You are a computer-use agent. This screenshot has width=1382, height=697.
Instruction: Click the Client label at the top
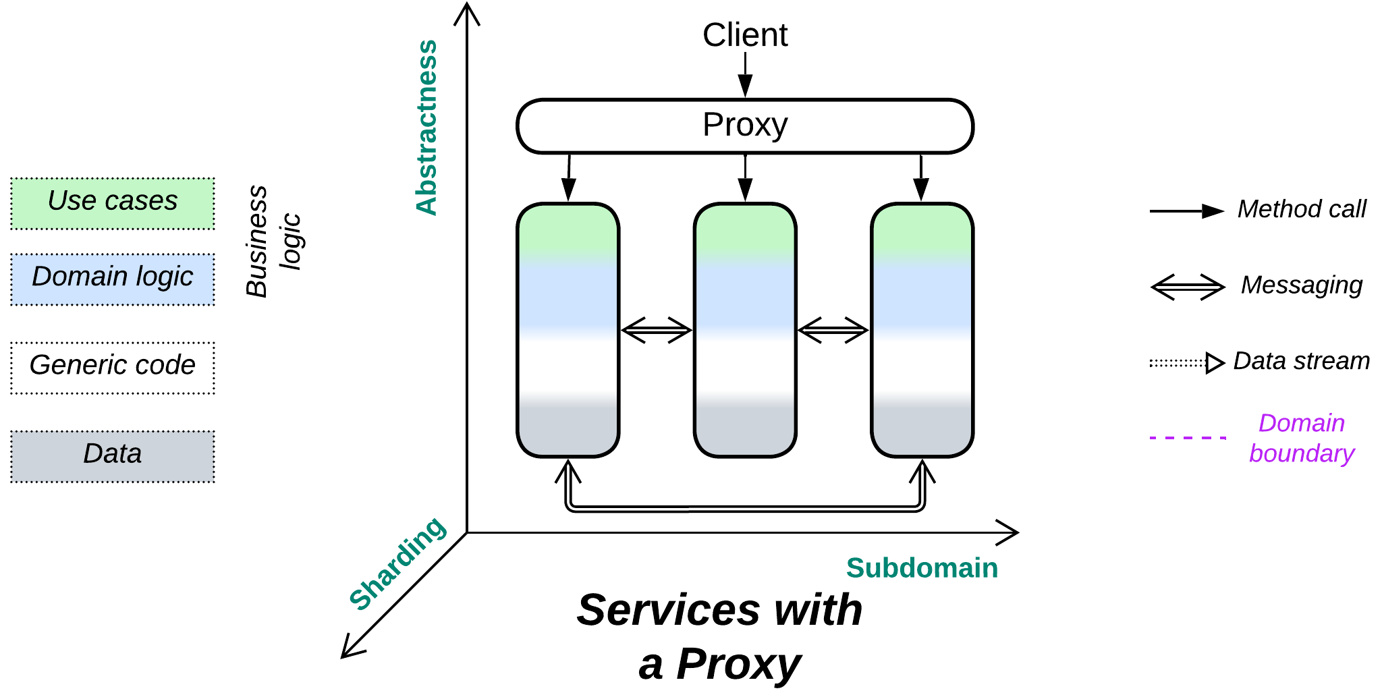pyautogui.click(x=744, y=35)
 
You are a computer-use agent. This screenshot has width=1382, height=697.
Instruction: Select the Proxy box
pyautogui.click(x=744, y=126)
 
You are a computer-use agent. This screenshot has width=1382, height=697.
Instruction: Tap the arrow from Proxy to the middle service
pyautogui.click(x=744, y=177)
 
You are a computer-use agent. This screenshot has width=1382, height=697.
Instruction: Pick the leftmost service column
pyautogui.click(x=568, y=330)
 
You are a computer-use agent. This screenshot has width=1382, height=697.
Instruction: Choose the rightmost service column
pyautogui.click(x=921, y=330)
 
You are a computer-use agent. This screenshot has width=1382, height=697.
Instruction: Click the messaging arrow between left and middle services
pyautogui.click(x=656, y=330)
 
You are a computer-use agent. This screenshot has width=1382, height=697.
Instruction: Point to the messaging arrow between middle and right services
pyautogui.click(x=833, y=330)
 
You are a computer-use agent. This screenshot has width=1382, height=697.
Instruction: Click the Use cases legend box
pyautogui.click(x=112, y=203)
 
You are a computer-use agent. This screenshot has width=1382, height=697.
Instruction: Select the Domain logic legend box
pyautogui.click(x=112, y=279)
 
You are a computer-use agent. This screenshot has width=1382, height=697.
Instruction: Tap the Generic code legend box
pyautogui.click(x=112, y=367)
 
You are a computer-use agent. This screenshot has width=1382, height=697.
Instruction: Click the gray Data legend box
pyautogui.click(x=112, y=456)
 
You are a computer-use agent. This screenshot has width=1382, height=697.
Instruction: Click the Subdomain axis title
pyautogui.click(x=921, y=567)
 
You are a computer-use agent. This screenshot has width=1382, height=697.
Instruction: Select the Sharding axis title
pyautogui.click(x=397, y=563)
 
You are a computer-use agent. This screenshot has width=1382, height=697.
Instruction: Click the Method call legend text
pyautogui.click(x=1301, y=209)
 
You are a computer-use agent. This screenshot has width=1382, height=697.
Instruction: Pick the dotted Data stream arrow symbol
pyautogui.click(x=1186, y=363)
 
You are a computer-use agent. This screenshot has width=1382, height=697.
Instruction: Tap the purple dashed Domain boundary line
pyautogui.click(x=1188, y=438)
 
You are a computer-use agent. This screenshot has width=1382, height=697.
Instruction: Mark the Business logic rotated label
pyautogui.click(x=273, y=241)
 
